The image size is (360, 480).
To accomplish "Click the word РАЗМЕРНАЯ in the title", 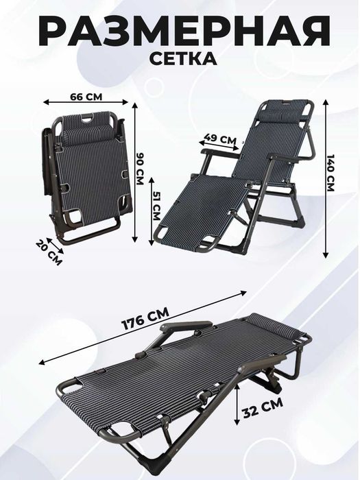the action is click(x=184, y=31).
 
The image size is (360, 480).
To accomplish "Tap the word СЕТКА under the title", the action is click(x=183, y=58).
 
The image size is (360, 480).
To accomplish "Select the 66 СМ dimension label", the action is click(x=86, y=97).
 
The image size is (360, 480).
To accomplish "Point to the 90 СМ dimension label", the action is click(x=139, y=169).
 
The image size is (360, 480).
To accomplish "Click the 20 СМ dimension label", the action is click(x=49, y=252).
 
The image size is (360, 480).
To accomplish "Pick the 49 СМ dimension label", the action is click(x=220, y=139).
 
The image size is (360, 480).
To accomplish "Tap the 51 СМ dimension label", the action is click(x=156, y=206).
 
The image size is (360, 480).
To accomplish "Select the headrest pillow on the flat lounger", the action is click(x=274, y=326).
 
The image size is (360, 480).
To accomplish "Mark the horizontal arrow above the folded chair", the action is click(x=86, y=102).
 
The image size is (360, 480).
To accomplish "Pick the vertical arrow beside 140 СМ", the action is click(x=326, y=178).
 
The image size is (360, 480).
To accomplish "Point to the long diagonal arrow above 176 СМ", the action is click(x=143, y=328).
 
